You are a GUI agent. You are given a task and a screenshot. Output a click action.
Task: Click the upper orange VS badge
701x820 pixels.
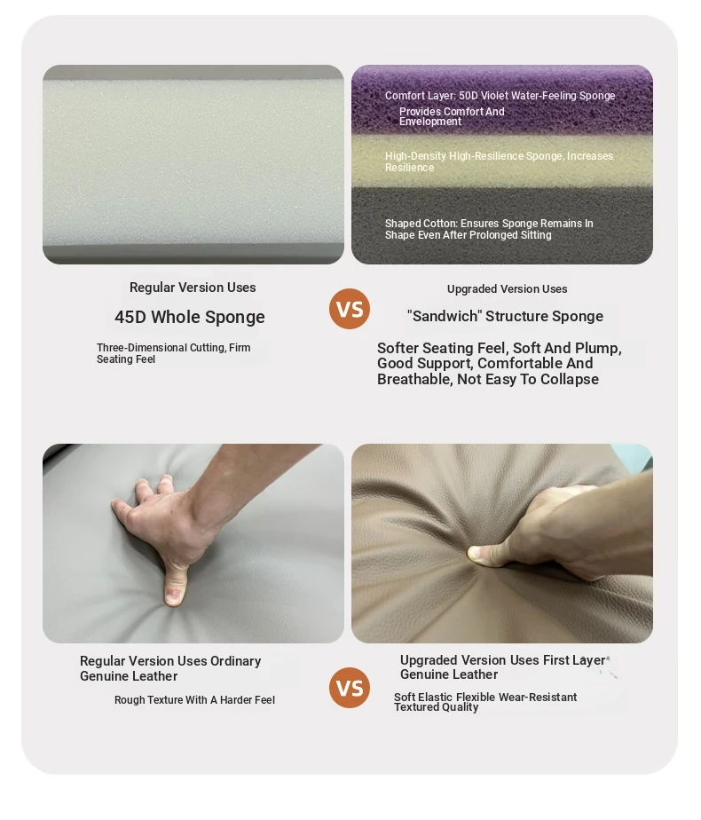(x=350, y=309)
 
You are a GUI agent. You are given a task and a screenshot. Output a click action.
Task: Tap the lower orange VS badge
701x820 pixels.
(x=350, y=687)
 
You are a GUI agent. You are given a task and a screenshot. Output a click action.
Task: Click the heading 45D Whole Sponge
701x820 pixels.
(x=190, y=317)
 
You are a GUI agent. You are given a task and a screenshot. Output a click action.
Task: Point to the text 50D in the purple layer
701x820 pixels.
(x=468, y=96)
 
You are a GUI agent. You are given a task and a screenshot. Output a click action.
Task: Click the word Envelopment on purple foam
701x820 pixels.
(x=430, y=122)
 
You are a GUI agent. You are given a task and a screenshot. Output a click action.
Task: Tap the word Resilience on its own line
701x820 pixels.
(x=409, y=168)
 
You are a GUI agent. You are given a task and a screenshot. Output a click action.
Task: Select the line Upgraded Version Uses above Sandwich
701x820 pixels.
(x=507, y=288)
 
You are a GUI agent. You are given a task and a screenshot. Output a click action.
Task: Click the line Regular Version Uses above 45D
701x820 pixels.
(x=193, y=288)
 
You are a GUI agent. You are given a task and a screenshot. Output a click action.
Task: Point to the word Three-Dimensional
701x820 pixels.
(x=142, y=348)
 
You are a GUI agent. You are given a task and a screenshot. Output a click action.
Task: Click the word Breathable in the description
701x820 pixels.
(x=414, y=379)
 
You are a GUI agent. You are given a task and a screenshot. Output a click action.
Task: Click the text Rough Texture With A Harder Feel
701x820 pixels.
(x=194, y=699)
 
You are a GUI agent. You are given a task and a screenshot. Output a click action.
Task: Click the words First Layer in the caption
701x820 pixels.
(x=574, y=660)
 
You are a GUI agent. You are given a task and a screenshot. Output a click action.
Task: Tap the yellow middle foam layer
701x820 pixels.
(x=502, y=162)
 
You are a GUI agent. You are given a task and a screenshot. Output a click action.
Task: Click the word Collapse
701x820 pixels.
(x=570, y=379)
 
